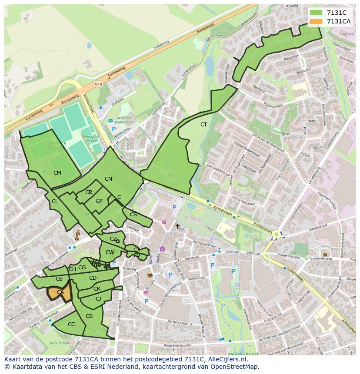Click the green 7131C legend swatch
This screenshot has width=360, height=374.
pos(316,12)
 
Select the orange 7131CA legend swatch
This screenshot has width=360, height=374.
pos(316,21)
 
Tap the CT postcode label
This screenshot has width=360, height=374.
pos(203,125)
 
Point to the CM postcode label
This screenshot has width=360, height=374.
pos(57,173)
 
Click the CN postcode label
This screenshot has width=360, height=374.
pos(108,179)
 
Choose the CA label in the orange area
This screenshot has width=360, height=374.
pos(60,292)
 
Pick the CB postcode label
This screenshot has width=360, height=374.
pos(89,316)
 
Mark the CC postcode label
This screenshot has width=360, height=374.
pos(71,324)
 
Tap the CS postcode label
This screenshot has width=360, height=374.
pos(133,215)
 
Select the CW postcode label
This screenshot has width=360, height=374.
pos(110,252)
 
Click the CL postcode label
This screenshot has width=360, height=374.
pos(55,202)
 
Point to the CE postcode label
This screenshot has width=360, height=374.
pos(59,279)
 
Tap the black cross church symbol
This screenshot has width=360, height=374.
pos(177,226)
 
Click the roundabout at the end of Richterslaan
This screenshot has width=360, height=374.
pos(276,235)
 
